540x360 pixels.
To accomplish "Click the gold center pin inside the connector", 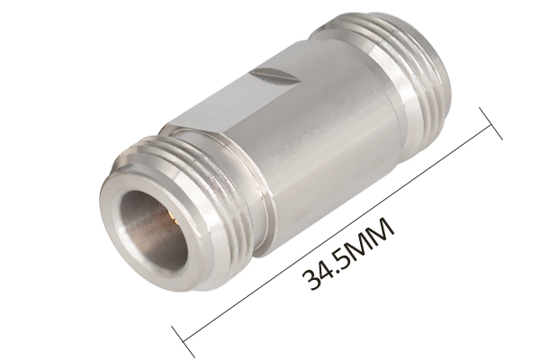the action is [x=169, y=216].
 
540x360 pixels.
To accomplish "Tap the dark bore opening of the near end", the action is [x=154, y=230].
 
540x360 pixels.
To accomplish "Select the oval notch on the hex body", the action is [x=274, y=76].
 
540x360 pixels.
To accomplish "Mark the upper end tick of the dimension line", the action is [x=490, y=123].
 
